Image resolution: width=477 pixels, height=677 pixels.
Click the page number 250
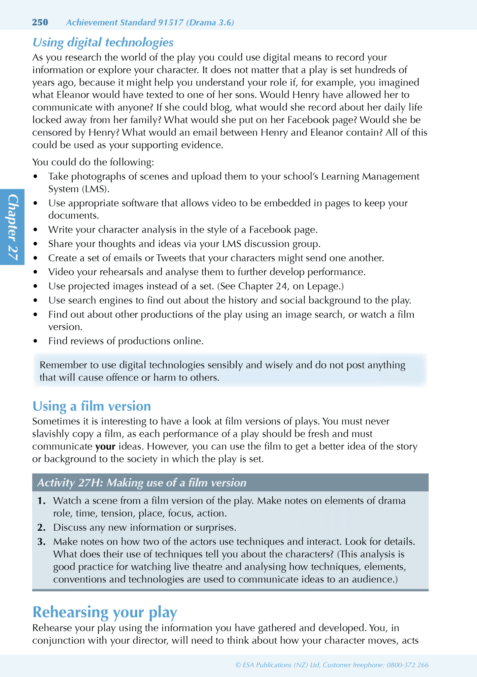pos(40,22)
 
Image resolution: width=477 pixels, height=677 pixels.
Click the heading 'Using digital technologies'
pos(103,42)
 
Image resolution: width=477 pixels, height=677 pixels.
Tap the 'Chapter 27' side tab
pos(13,227)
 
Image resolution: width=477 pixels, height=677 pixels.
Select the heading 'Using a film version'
pos(91,406)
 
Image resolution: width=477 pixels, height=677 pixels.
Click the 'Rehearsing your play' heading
pos(105,612)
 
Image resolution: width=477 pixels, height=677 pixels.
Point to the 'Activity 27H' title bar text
pos(142,483)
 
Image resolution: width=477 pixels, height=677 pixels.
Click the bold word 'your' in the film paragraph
pos(105,446)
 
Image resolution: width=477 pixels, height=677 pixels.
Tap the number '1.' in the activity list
pos(41,501)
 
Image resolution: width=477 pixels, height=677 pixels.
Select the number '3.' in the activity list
pos(41,542)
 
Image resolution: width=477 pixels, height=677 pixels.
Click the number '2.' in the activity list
pos(41,527)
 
